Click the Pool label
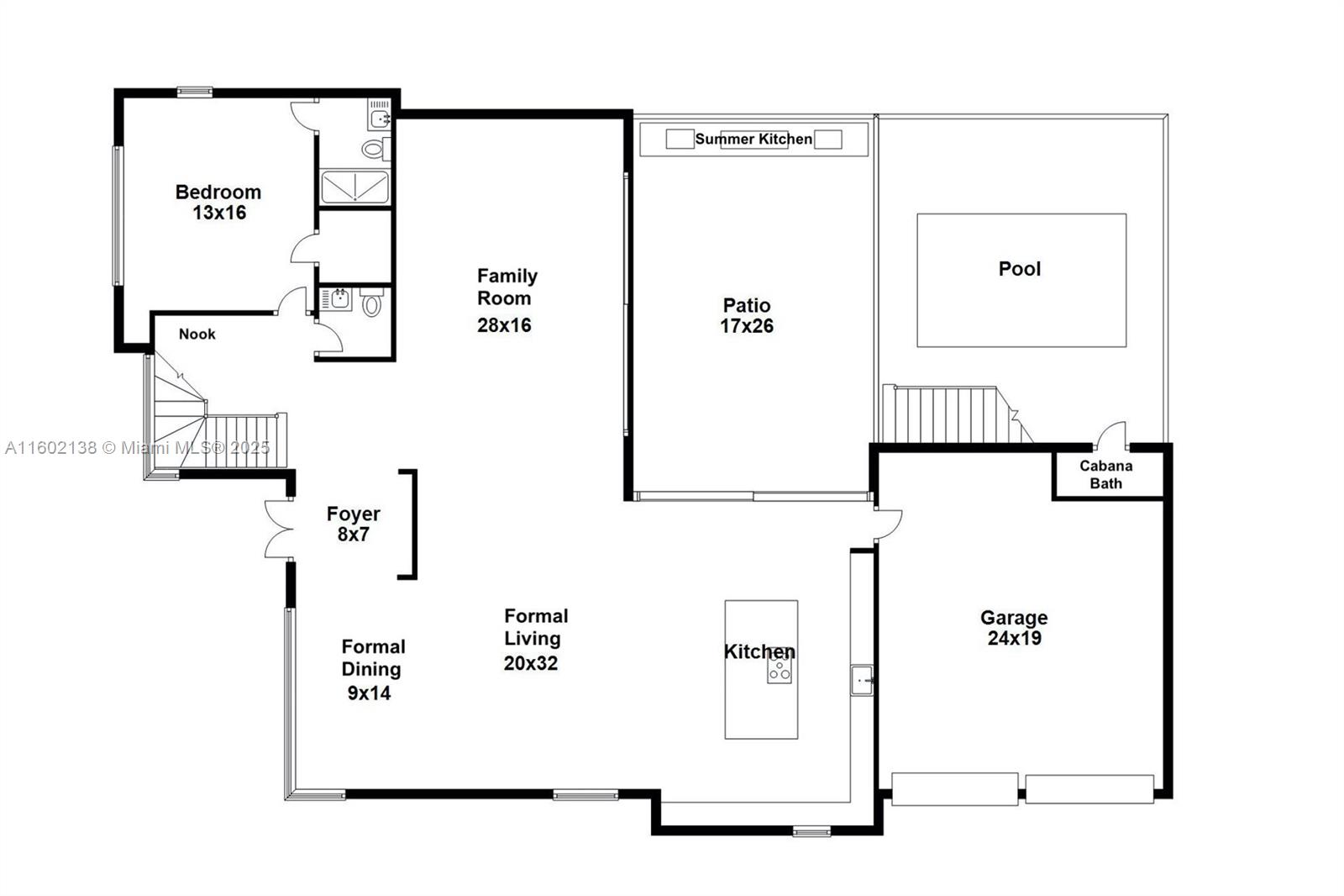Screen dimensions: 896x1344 1019,269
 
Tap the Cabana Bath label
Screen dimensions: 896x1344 1105,474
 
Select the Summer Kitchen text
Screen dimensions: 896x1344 753,140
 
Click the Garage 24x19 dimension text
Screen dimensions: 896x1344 1014,638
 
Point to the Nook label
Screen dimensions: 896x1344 197,335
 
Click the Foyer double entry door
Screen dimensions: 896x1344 279,529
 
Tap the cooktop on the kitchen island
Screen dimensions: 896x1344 779,670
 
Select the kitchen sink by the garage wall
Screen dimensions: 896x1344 862,679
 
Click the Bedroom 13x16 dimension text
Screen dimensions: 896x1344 219,213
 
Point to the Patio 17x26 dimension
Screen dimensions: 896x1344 746,326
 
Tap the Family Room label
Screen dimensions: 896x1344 507,287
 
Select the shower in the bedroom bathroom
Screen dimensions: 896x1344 354,187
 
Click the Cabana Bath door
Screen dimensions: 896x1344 1112,436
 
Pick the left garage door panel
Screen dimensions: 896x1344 954,789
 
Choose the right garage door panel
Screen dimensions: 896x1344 1089,789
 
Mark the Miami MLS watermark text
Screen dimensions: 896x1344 137,448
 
